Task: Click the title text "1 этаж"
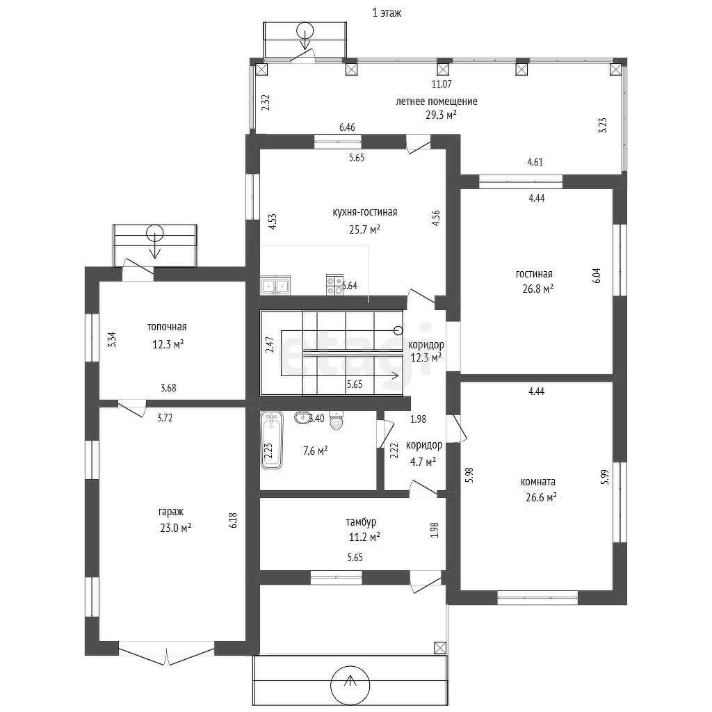click(387, 13)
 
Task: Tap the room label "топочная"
click(167, 327)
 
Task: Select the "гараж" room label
click(171, 512)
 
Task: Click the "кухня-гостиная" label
click(365, 212)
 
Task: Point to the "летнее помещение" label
click(437, 102)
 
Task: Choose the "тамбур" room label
click(361, 522)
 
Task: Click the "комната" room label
click(538, 482)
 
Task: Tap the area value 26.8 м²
click(538, 289)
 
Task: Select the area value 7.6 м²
click(315, 451)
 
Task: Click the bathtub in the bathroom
click(272, 440)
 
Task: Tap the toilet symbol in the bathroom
click(336, 420)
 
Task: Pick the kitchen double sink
click(275, 286)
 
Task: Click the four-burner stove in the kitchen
click(334, 285)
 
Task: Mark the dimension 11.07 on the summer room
click(442, 84)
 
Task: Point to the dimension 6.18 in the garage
click(233, 520)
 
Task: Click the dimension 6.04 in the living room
click(597, 275)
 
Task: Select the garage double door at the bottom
click(167, 653)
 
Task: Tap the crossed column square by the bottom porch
click(440, 647)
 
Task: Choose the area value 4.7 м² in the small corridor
click(423, 462)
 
